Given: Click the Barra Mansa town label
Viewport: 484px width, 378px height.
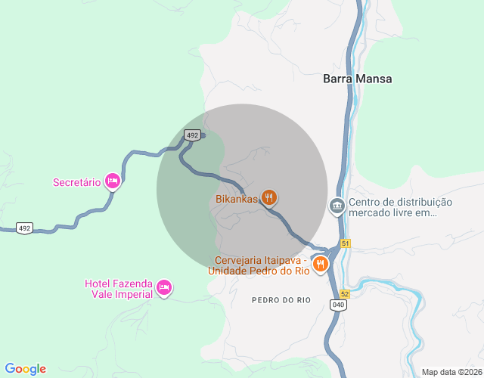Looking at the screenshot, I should click(358, 79).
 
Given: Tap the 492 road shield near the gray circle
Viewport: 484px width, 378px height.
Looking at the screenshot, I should click(192, 135).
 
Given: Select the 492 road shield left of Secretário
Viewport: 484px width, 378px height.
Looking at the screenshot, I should click(25, 228).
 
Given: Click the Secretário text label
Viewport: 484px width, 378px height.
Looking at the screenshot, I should click(76, 182).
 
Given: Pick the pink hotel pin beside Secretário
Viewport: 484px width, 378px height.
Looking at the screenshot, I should click(113, 181).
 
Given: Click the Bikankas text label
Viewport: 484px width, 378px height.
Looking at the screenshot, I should click(236, 200).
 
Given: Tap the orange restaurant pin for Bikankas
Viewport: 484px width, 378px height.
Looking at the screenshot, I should click(268, 198).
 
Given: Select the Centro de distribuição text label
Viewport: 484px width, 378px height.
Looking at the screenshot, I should click(400, 207).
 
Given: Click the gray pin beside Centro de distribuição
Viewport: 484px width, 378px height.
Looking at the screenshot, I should click(337, 205).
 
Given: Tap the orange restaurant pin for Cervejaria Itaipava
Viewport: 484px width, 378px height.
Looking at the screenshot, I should click(321, 264).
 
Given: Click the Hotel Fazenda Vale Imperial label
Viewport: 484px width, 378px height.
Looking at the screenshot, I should click(119, 289).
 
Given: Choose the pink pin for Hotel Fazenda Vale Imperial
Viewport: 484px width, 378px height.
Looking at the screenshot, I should click(164, 287).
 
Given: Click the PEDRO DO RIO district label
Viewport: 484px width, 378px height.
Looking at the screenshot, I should click(281, 300).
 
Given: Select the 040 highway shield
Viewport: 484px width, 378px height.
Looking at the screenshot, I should click(337, 304).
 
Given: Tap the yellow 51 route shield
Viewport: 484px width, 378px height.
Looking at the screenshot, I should click(346, 243).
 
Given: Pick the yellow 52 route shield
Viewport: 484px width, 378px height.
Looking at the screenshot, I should click(345, 293).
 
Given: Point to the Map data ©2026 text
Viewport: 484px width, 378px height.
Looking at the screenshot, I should click(451, 372).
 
